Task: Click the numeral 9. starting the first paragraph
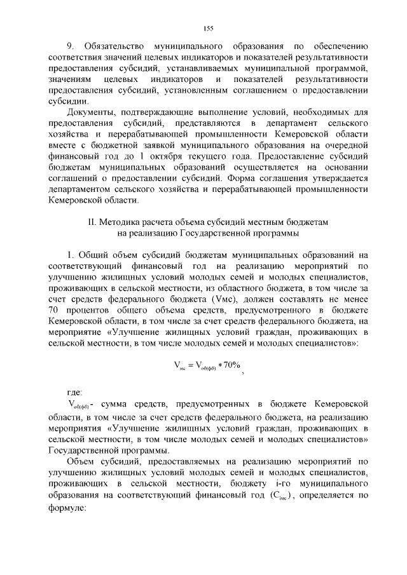pos(71,47)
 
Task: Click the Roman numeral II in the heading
pos(91,221)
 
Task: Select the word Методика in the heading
pos(121,221)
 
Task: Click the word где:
pos(75,391)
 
